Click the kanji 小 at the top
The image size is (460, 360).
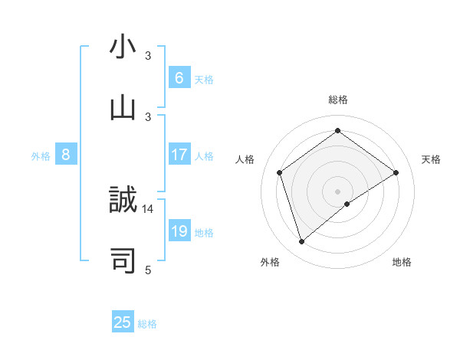pos(123,47)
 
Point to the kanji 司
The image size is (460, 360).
pos(123,260)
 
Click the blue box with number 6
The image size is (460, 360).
pos(179,77)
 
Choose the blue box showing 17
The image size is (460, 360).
pos(179,155)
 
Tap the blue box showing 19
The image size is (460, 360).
pos(179,231)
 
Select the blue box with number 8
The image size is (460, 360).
pos(66,155)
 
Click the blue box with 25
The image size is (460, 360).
pos(123,322)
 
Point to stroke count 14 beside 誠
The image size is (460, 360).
pos(148,208)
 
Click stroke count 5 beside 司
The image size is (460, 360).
pos(148,270)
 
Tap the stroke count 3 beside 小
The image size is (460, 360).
pos(148,56)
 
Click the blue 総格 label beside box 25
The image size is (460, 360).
pos(147,324)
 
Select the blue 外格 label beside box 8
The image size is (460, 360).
pos(41,156)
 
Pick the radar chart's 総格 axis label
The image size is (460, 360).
pos(338,100)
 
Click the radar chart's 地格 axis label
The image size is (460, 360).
pos(402,263)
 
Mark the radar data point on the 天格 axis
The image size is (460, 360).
pos(396,172)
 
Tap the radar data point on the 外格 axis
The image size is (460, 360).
pos(301,242)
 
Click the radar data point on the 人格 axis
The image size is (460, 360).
pos(280,172)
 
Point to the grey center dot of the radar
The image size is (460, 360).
pos(338,191)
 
